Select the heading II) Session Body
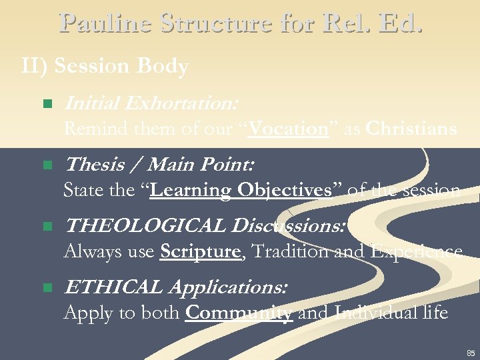(105, 67)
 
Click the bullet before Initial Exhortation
(46, 104)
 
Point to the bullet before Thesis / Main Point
(46, 165)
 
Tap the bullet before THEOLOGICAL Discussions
(46, 227)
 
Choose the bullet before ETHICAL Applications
(46, 288)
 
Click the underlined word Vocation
(289, 128)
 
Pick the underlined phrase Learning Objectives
(241, 190)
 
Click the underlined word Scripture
(199, 251)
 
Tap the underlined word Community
(238, 313)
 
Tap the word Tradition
(284, 251)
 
